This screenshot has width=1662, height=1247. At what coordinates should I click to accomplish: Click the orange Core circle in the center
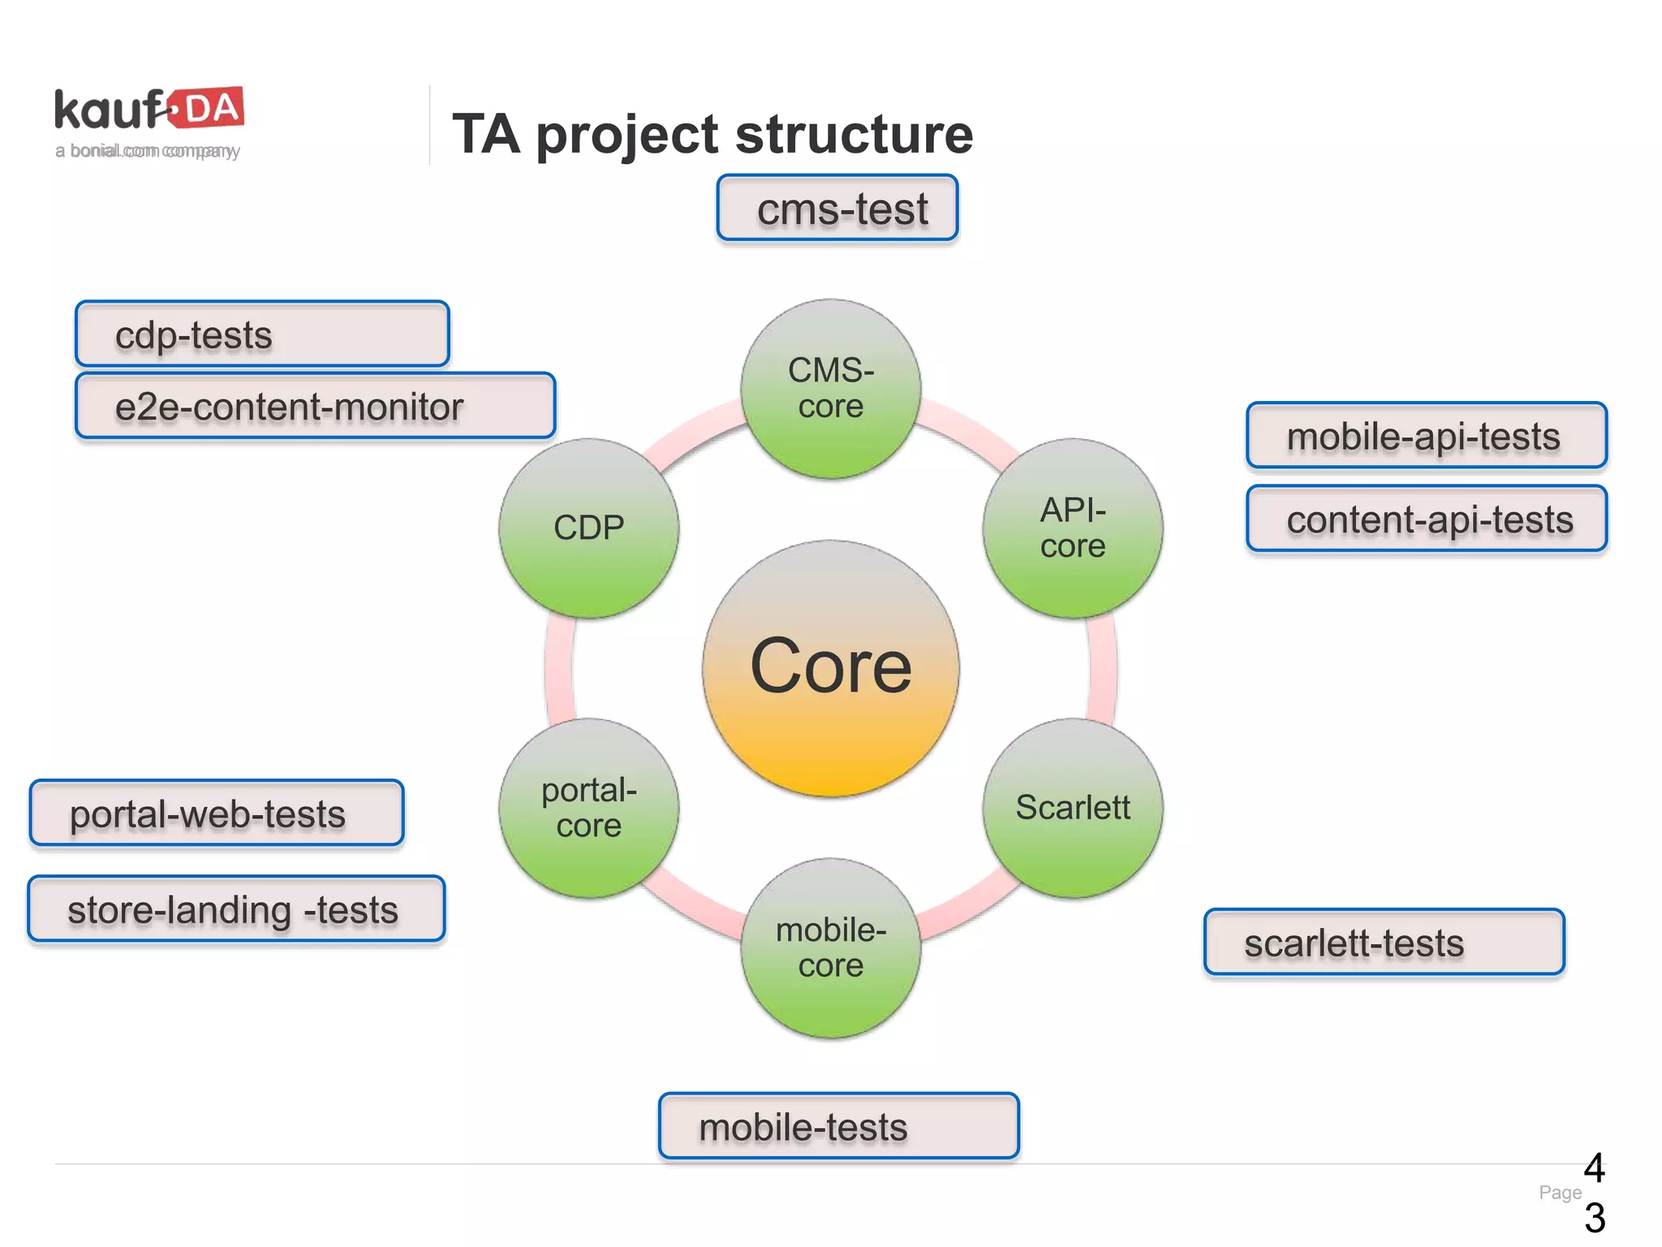click(830, 668)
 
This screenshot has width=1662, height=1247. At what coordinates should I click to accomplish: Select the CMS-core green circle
click(830, 389)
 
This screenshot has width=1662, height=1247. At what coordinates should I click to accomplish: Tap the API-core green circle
click(1072, 529)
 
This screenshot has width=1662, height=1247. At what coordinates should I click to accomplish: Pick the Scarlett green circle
click(1072, 808)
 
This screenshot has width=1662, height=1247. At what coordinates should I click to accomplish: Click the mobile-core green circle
click(830, 947)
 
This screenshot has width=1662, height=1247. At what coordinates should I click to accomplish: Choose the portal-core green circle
click(588, 808)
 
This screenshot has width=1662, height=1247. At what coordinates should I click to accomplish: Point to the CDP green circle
click(588, 529)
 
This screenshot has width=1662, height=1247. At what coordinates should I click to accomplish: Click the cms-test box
click(837, 208)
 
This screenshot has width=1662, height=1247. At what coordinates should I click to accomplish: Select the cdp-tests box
click(262, 334)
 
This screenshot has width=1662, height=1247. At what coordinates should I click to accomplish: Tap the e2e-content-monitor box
click(315, 406)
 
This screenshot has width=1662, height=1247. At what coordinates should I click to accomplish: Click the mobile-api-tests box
click(1426, 436)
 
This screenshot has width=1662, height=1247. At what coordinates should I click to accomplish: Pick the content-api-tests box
click(1426, 519)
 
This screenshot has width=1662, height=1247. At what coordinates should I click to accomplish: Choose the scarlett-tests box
click(1384, 943)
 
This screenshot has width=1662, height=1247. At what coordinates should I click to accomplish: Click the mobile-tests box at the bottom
click(838, 1126)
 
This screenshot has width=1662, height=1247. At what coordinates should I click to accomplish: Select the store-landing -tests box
click(236, 909)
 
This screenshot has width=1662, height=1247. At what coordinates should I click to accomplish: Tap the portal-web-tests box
click(217, 813)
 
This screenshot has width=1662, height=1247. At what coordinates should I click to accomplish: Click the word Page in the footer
click(1559, 1193)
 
